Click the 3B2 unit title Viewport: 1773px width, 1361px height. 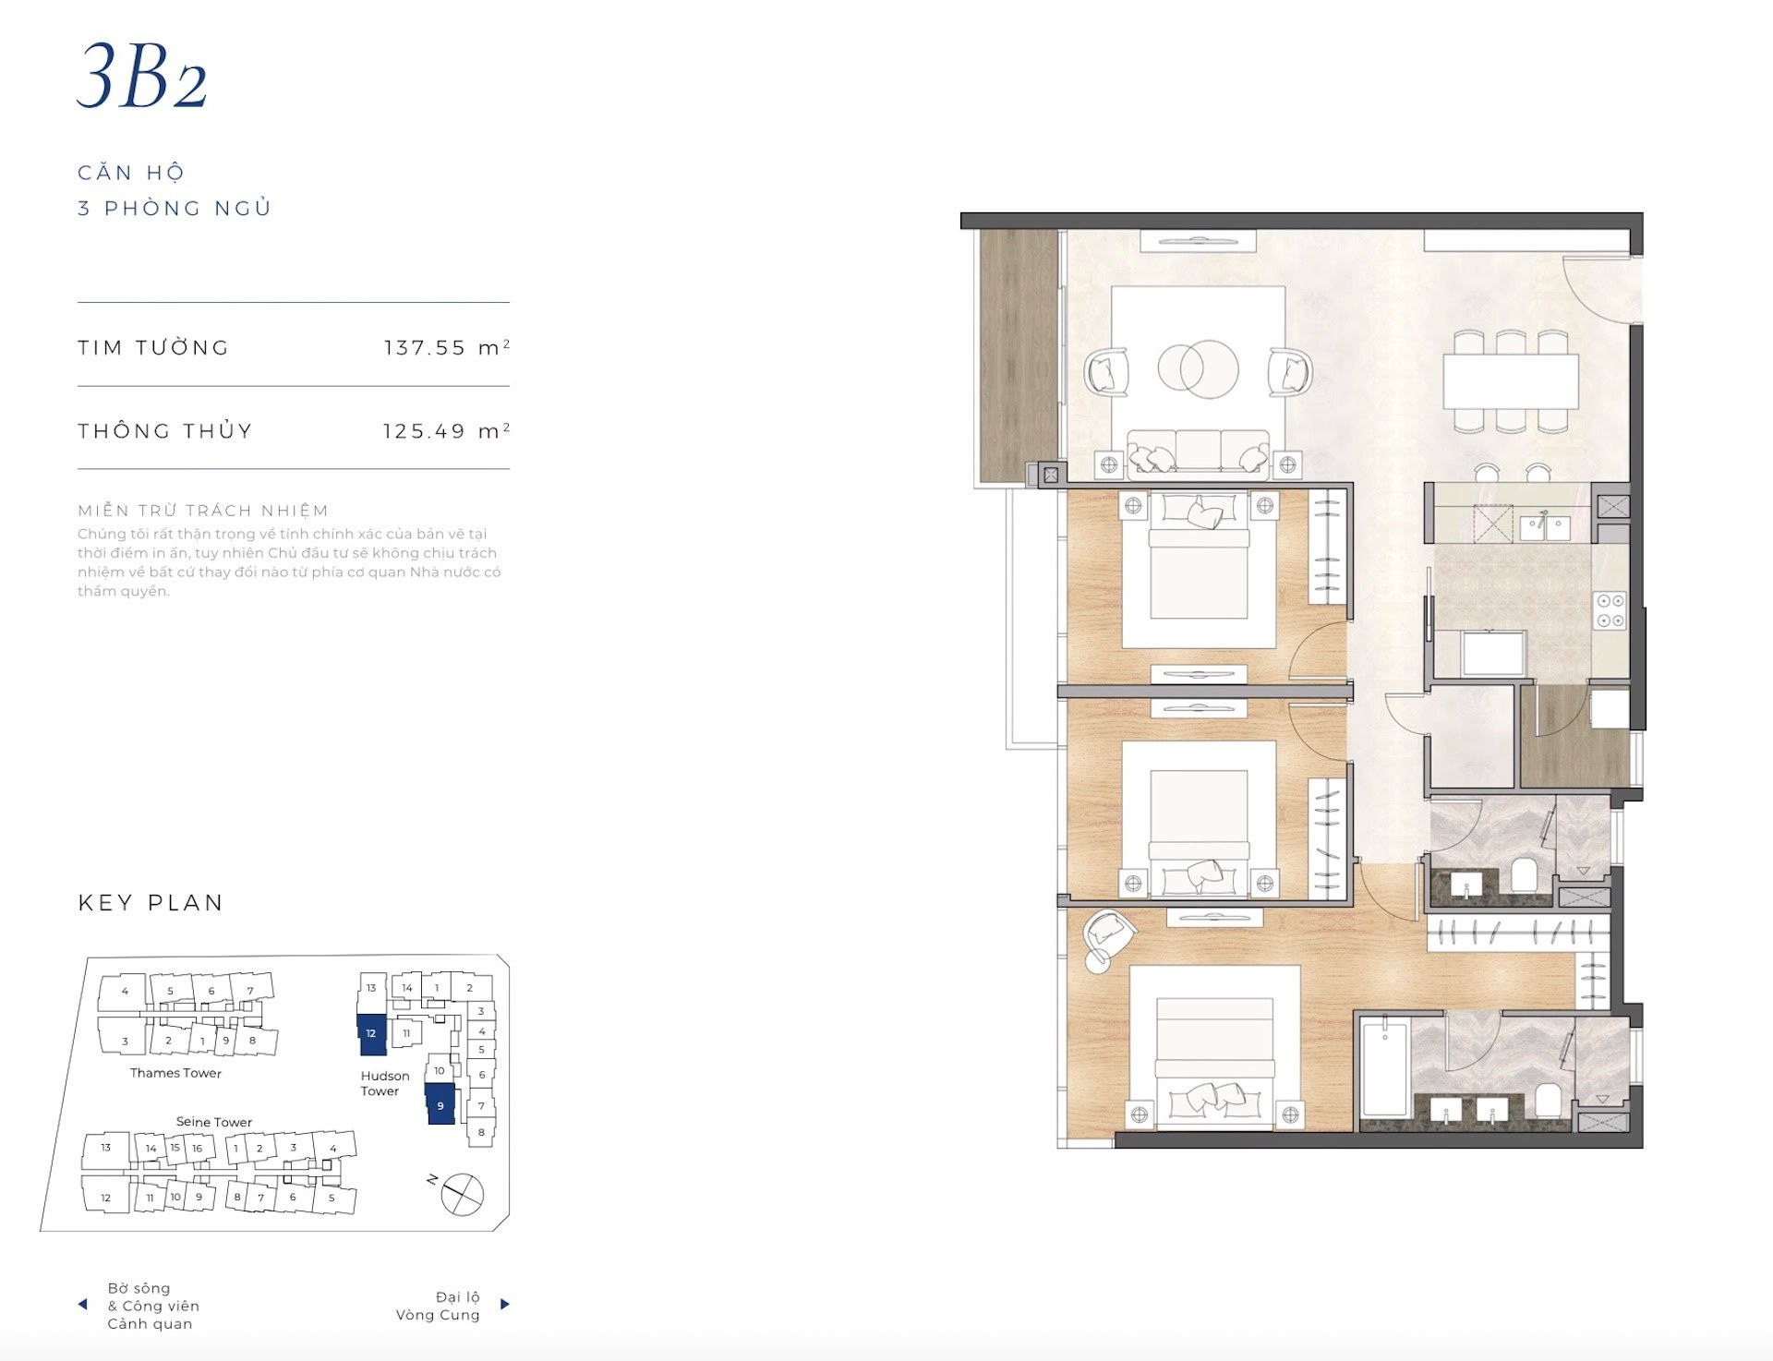pyautogui.click(x=142, y=77)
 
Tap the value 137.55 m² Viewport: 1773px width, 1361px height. pyautogui.click(x=447, y=347)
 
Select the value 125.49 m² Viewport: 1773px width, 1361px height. pyautogui.click(x=447, y=430)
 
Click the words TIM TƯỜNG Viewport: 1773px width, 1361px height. pyautogui.click(x=153, y=347)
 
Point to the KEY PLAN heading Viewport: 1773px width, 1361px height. pyautogui.click(x=151, y=902)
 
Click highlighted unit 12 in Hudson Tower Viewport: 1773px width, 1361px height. pyautogui.click(x=371, y=1034)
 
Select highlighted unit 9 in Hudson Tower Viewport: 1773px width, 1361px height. pyautogui.click(x=440, y=1104)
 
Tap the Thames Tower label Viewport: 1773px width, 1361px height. pyautogui.click(x=175, y=1073)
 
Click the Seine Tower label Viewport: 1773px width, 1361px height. pyautogui.click(x=214, y=1122)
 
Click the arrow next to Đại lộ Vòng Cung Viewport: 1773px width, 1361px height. pyautogui.click(x=505, y=1305)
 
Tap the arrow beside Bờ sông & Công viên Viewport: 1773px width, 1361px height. pyautogui.click(x=82, y=1305)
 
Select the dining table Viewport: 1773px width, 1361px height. pyautogui.click(x=1511, y=381)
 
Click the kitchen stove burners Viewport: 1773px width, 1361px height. pyautogui.click(x=1610, y=609)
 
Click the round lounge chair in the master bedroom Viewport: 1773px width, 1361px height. pyautogui.click(x=1107, y=939)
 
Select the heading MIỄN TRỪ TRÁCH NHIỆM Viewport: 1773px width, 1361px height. pyautogui.click(x=203, y=511)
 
